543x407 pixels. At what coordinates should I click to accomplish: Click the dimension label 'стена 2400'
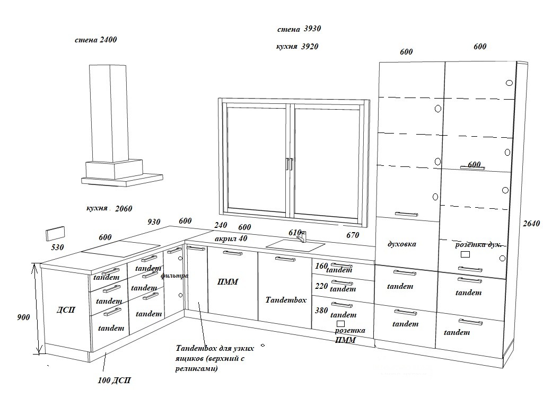[x=96, y=40]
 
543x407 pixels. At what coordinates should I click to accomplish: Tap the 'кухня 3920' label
[x=297, y=47]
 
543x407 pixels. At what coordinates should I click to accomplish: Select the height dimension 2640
[x=531, y=224]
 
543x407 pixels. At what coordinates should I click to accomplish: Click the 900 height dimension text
[x=23, y=317]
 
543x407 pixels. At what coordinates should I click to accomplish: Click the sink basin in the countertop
[x=295, y=245]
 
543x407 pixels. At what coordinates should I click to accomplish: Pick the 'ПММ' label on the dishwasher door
[x=227, y=282]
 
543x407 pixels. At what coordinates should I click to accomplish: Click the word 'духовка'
[x=402, y=244]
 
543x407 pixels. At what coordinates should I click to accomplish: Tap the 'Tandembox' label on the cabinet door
[x=286, y=300]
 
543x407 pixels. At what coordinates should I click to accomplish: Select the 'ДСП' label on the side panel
[x=66, y=309]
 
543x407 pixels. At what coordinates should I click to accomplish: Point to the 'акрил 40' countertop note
[x=231, y=238]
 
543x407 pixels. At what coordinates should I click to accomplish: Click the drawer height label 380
[x=321, y=311]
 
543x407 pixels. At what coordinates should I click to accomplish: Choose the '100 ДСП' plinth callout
[x=115, y=381]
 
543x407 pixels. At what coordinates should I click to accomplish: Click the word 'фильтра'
[x=174, y=276]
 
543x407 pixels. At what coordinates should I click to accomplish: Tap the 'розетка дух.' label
[x=478, y=244]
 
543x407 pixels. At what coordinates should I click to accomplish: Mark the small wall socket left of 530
[x=55, y=233]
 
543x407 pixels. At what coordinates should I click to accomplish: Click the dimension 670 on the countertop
[x=353, y=235]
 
